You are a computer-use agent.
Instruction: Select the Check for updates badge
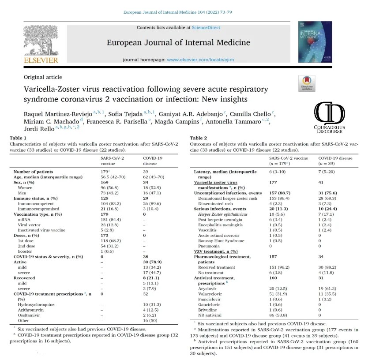point(307,83)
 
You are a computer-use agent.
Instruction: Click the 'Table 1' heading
point(18,138)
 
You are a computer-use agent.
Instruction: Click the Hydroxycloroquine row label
point(35,305)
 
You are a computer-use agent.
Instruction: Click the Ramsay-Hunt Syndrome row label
point(221,240)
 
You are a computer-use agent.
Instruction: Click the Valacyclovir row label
point(211,293)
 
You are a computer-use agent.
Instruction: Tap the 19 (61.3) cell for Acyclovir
point(329,288)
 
